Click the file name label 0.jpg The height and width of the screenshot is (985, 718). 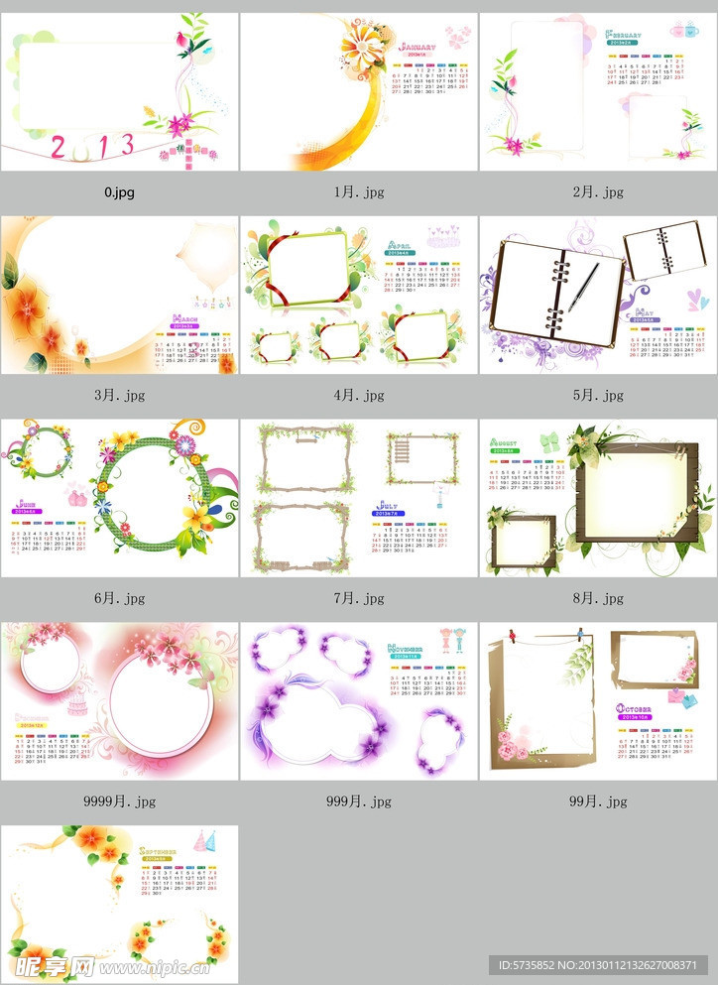119,192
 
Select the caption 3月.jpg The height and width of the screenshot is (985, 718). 119,395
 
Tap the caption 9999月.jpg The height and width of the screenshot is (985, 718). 119,801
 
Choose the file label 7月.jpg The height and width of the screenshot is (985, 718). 358,598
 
